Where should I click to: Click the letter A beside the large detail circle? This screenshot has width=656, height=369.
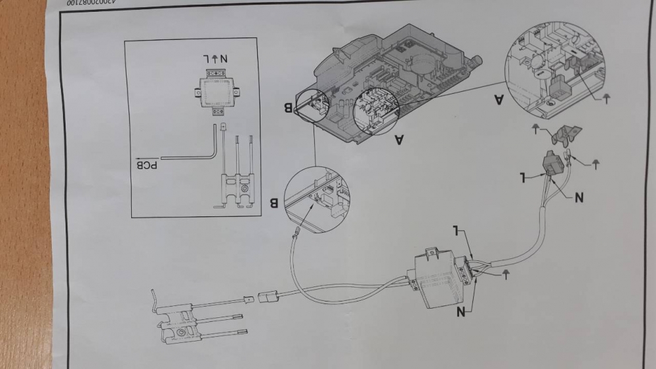click(499, 100)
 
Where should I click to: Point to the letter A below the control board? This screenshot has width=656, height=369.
click(399, 138)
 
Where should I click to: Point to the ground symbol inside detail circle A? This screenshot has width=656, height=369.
click(605, 98)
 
